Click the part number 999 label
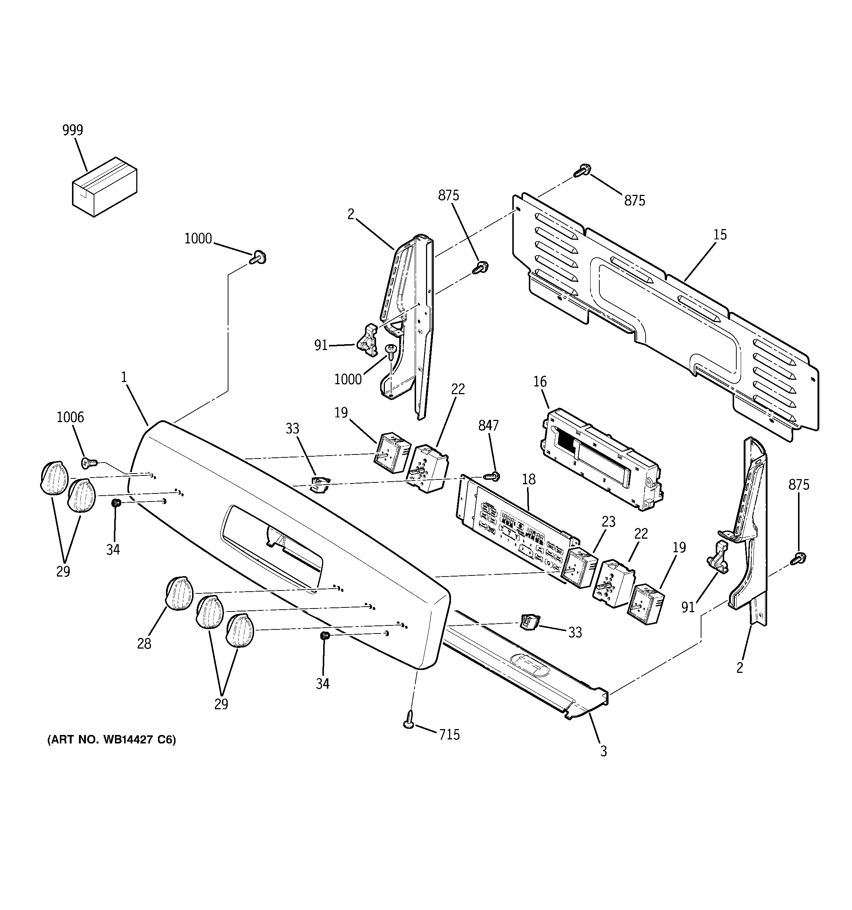[73, 131]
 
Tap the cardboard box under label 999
[104, 186]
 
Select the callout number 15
[719, 235]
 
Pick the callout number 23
[608, 521]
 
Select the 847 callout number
[488, 426]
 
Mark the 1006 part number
[70, 417]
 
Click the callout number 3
[603, 751]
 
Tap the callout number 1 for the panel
[123, 377]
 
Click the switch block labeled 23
[580, 567]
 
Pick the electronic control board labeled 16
[602, 458]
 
